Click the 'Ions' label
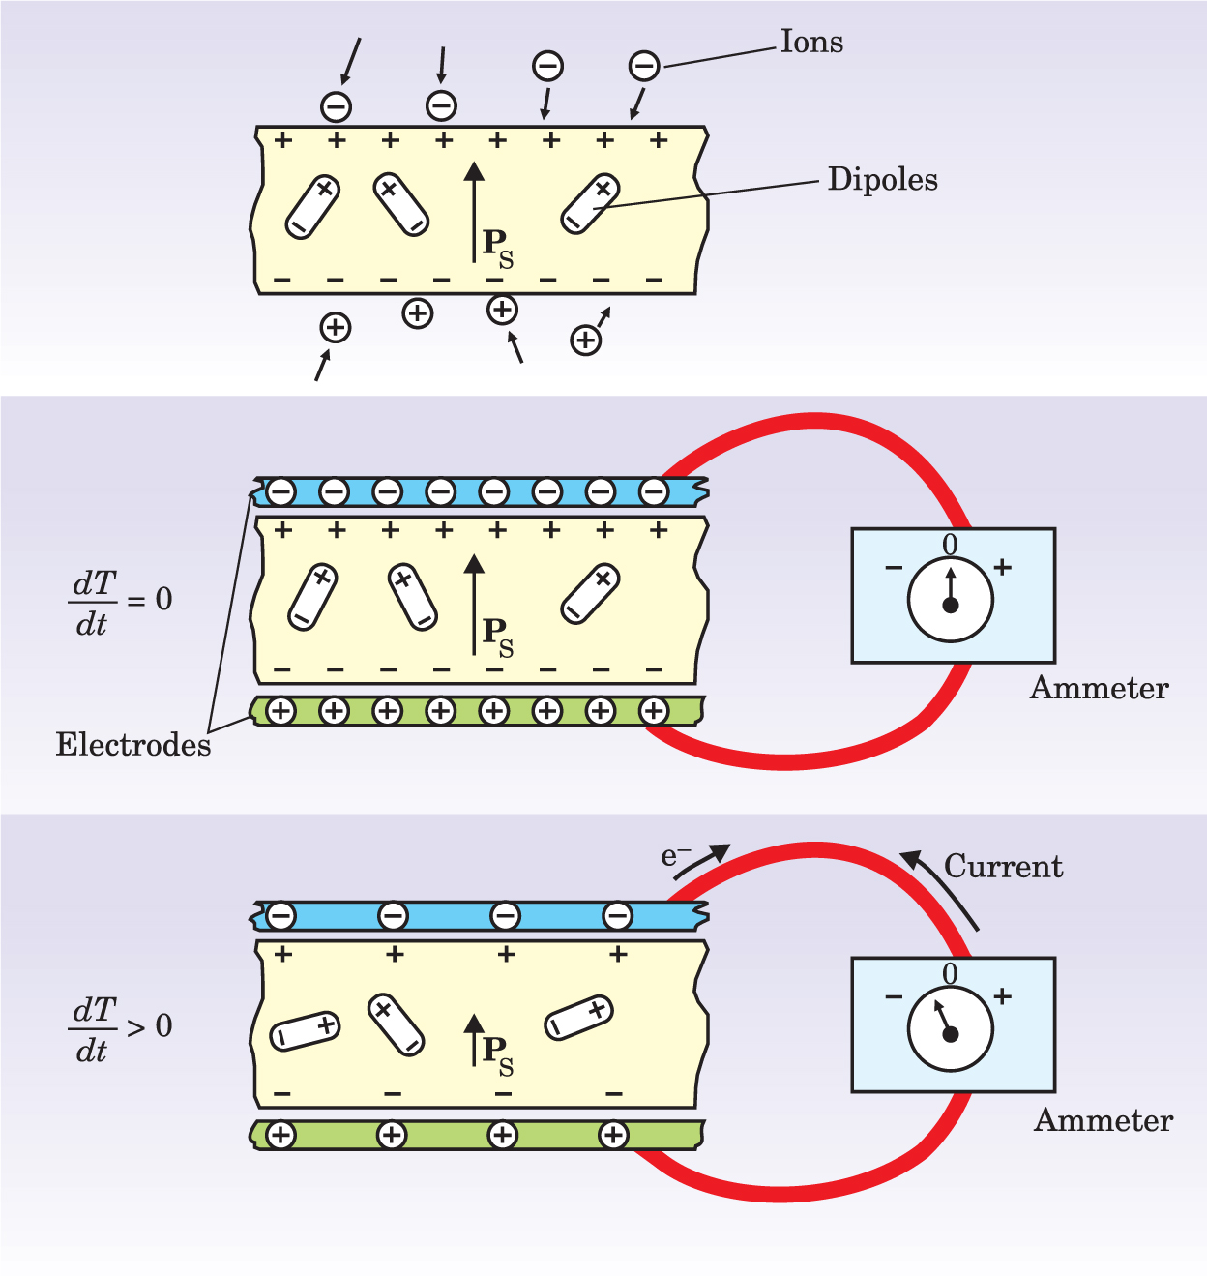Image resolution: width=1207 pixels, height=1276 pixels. tap(811, 43)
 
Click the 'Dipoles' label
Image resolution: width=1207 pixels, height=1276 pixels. tap(882, 180)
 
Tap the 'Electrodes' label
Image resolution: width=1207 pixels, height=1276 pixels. tap(132, 744)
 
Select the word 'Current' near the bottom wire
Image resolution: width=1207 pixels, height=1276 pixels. tap(1003, 866)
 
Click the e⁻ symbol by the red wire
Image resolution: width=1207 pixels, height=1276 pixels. tap(675, 856)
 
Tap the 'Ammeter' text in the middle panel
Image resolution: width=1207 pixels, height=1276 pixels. tap(1099, 688)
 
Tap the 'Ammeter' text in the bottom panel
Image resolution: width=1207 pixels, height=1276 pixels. tap(1103, 1120)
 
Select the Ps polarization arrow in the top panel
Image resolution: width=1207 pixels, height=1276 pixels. tap(474, 213)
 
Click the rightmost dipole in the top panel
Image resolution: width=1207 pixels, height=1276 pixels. tap(590, 204)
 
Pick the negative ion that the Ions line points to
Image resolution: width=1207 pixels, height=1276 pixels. tap(644, 66)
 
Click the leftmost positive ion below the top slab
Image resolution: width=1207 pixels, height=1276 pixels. tap(335, 328)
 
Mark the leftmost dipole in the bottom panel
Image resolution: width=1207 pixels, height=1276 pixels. tap(305, 1031)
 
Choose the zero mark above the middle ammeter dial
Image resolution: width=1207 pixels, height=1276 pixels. tap(950, 545)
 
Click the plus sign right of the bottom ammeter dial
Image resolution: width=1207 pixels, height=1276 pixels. tap(1003, 995)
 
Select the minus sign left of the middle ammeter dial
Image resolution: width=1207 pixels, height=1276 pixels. tap(894, 568)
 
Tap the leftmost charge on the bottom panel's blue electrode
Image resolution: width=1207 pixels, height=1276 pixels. tap(280, 915)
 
